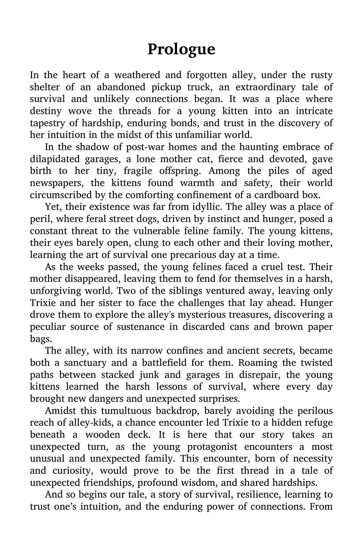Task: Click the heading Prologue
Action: [x=181, y=49]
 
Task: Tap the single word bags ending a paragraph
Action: [x=39, y=339]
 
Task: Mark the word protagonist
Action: [x=213, y=447]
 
